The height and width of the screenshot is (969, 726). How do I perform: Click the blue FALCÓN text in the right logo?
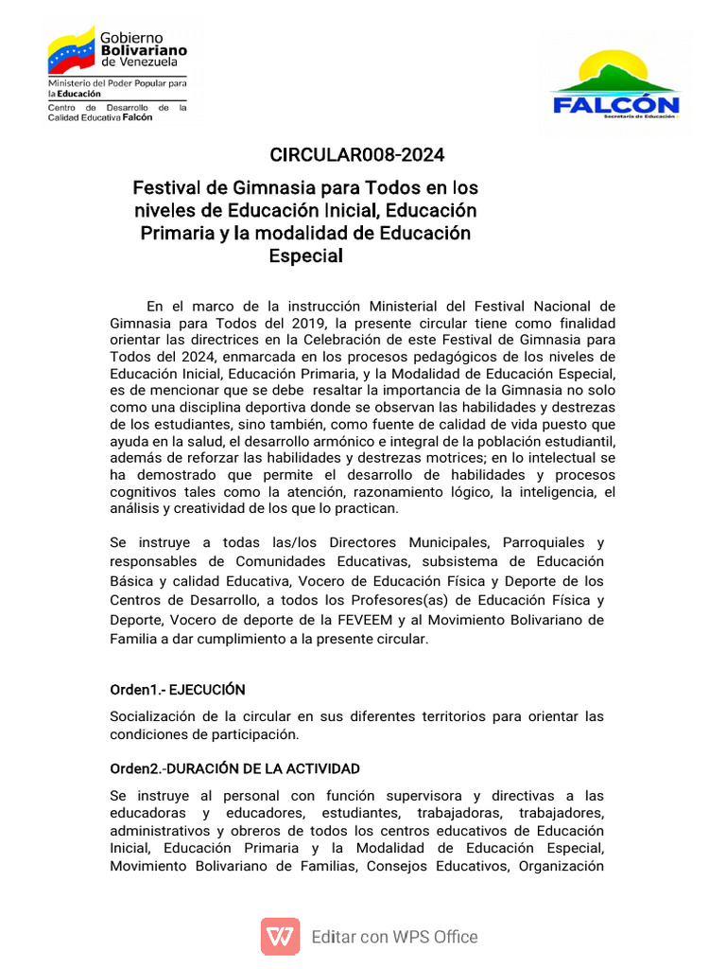[615, 103]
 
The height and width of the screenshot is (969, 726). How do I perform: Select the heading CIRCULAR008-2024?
[356, 155]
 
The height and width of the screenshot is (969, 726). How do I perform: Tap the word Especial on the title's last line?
[305, 255]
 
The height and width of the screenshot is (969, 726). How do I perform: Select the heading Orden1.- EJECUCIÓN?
[178, 689]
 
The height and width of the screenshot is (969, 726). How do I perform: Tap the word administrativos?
[165, 830]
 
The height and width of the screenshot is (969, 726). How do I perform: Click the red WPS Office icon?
[280, 937]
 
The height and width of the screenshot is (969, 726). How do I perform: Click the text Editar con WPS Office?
[394, 937]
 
